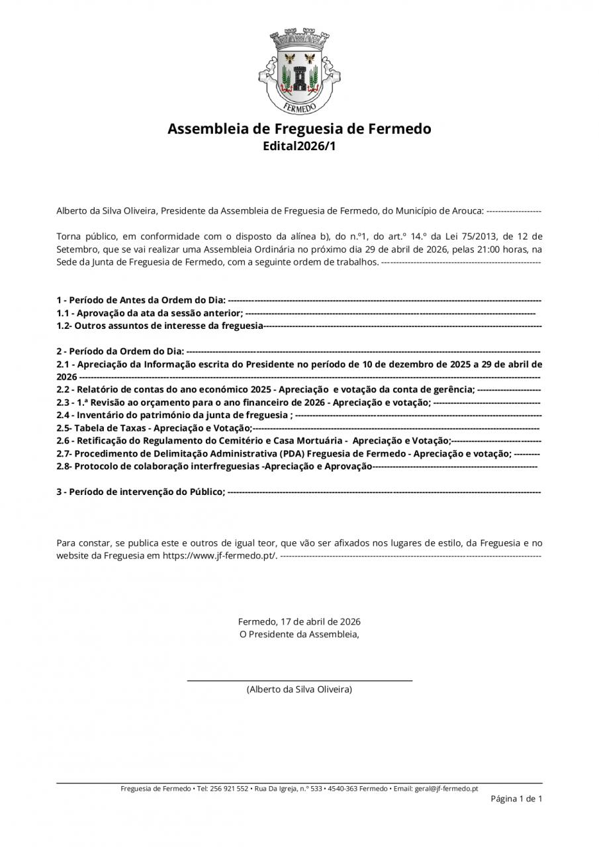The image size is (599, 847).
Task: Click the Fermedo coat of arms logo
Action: pos(299,71)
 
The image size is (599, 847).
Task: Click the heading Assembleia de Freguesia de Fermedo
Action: pos(299,128)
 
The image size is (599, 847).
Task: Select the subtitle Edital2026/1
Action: pos(299,146)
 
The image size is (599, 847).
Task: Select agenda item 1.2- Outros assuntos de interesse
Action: pos(160,326)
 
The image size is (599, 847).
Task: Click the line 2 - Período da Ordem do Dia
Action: pos(120,351)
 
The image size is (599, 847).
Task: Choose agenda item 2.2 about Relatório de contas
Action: pos(265,389)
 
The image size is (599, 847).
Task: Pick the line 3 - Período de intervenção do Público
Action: pos(140,492)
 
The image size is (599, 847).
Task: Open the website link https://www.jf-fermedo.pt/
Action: pos(220,556)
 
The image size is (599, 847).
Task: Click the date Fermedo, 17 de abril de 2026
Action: pos(299,622)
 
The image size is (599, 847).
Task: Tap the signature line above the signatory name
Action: pos(299,680)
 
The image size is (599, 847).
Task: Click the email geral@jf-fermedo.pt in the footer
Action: pos(446,789)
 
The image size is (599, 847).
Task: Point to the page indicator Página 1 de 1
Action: pos(516,799)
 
